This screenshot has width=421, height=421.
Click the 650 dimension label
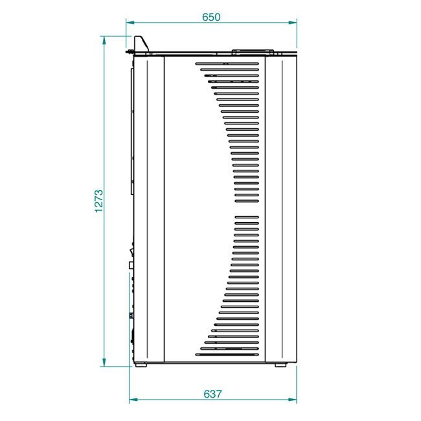[x=211, y=17]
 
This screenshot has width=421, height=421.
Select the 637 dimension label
[x=212, y=394]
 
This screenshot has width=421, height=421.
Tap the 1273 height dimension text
[x=99, y=201]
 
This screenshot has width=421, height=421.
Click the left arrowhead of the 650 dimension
[x=130, y=23]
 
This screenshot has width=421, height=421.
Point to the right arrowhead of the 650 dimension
[x=293, y=23]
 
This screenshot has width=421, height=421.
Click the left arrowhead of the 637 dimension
[x=133, y=400]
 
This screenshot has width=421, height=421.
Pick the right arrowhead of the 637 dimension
[x=293, y=400]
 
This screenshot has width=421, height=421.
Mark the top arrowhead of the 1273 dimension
[x=104, y=41]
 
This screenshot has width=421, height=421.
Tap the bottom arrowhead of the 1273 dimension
[x=104, y=362]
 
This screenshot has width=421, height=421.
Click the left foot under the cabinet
[x=141, y=365]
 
